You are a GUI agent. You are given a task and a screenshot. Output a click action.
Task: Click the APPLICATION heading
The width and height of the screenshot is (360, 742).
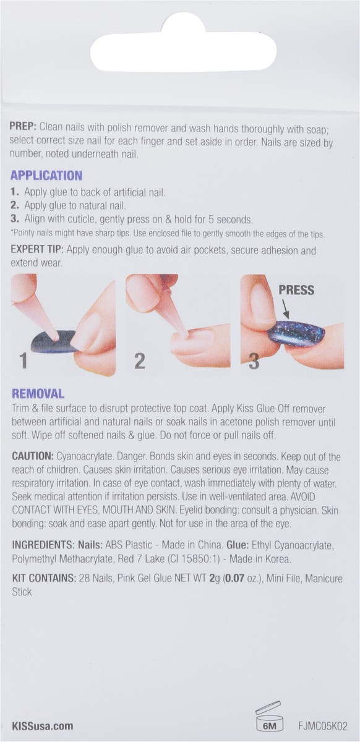pyautogui.click(x=46, y=175)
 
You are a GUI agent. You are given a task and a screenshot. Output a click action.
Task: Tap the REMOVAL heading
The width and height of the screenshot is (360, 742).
pyautogui.click(x=38, y=393)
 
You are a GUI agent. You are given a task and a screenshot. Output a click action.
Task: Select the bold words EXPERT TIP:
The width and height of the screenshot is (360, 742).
pyautogui.click(x=37, y=249)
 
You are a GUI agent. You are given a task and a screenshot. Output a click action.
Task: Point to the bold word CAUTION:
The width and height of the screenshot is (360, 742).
pyautogui.click(x=33, y=456)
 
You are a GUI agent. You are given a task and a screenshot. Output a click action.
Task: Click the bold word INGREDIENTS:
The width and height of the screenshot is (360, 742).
pyautogui.click(x=43, y=545)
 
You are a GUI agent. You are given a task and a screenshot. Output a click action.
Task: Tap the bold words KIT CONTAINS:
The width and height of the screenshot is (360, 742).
pyautogui.click(x=44, y=578)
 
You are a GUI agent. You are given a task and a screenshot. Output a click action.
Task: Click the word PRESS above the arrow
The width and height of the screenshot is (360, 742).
pyautogui.click(x=296, y=290)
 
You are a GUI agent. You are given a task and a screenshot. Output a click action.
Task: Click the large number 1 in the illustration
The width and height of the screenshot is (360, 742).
pyautogui.click(x=23, y=361)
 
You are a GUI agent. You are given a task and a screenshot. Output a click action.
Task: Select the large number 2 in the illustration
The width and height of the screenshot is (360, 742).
pyautogui.click(x=140, y=361)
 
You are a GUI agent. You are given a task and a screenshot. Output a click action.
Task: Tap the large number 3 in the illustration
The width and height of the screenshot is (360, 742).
pyautogui.click(x=254, y=361)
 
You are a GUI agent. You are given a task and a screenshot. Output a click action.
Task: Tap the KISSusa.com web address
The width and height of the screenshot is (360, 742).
pyautogui.click(x=43, y=726)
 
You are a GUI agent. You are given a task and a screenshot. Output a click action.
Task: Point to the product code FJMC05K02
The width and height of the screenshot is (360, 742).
pyautogui.click(x=322, y=726)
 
